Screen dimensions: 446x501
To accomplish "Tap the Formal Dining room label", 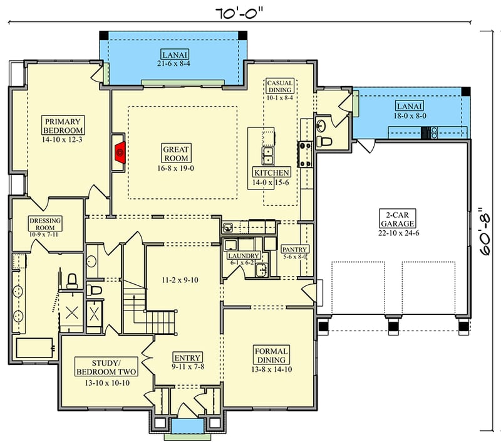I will coord(271,355).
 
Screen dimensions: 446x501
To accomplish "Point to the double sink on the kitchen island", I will coord(268,154).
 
